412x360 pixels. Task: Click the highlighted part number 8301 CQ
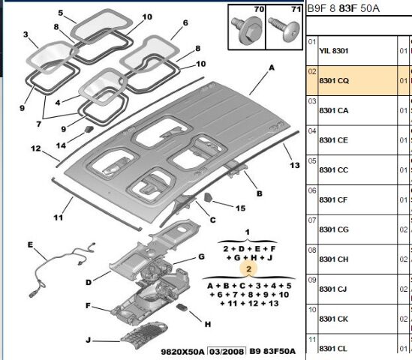click(334, 80)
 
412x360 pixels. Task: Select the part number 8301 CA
click(334, 110)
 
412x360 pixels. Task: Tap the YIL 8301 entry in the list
click(334, 51)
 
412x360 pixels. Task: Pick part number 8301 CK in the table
click(334, 319)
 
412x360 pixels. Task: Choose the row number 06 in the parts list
click(312, 190)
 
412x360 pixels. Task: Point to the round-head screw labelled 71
click(285, 28)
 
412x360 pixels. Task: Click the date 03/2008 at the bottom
click(227, 351)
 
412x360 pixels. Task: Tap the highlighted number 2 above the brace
click(248, 269)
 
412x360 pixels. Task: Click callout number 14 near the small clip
click(61, 145)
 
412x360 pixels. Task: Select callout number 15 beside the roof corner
click(240, 208)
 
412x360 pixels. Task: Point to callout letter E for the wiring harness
click(31, 244)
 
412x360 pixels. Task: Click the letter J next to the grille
click(88, 340)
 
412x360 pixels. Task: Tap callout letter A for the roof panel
click(272, 67)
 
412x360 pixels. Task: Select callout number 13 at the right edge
click(294, 165)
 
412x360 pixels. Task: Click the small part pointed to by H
click(182, 307)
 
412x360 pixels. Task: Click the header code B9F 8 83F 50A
click(344, 8)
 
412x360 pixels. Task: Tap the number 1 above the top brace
click(247, 232)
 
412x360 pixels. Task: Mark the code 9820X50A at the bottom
click(182, 351)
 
